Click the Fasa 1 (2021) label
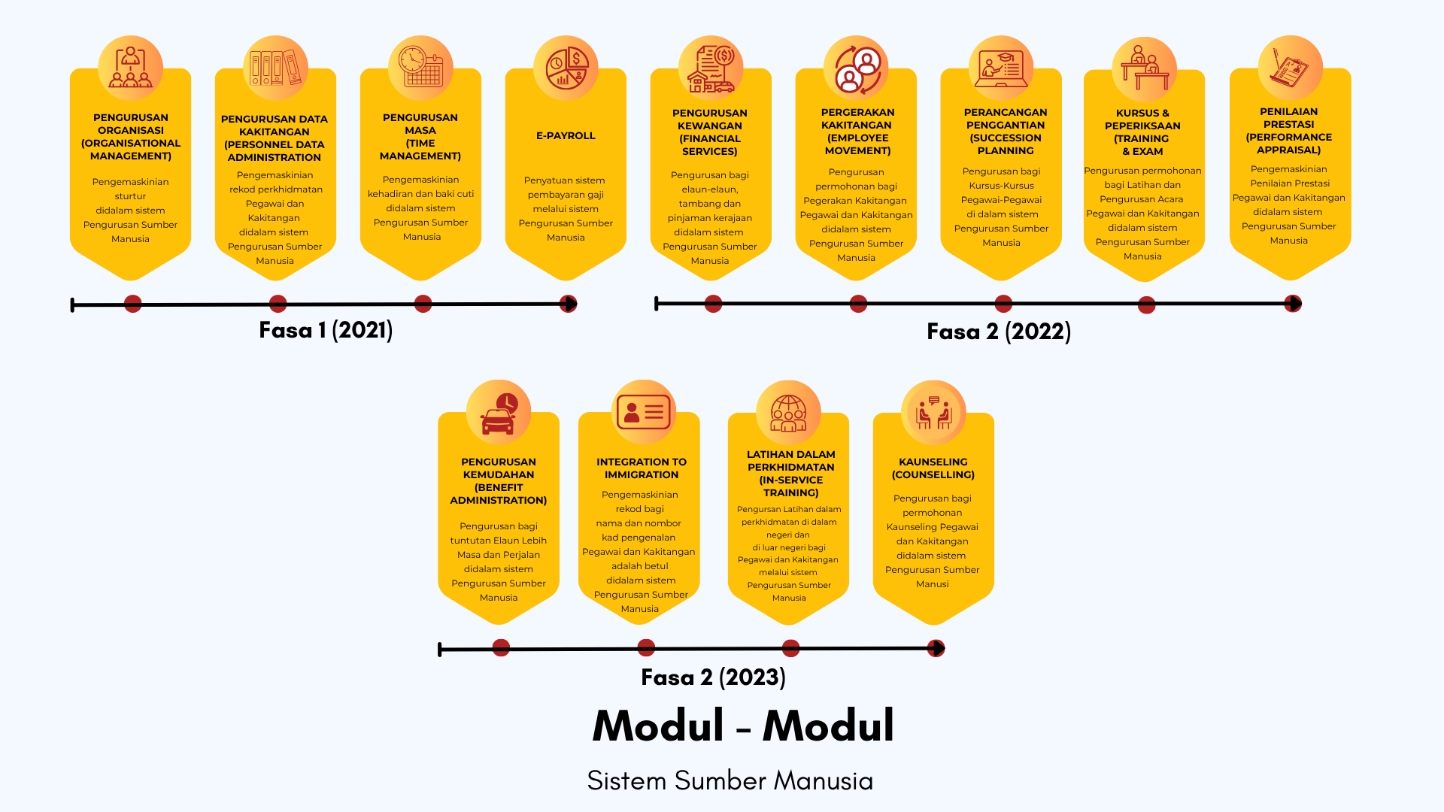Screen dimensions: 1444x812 [x=326, y=330]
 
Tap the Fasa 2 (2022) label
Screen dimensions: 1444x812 [x=999, y=332]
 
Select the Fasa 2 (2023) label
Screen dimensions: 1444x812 [x=713, y=677]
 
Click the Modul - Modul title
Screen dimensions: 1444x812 [x=743, y=726]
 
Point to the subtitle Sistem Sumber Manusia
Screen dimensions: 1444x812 [x=730, y=780]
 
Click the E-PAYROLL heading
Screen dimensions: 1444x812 [x=566, y=135]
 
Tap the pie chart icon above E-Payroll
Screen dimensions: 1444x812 [x=566, y=68]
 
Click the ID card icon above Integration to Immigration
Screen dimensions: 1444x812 [x=643, y=412]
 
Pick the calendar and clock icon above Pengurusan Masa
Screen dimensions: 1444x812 [x=420, y=67]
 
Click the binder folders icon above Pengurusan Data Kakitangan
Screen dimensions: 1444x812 [x=275, y=68]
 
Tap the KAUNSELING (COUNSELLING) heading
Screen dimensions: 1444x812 [x=933, y=468]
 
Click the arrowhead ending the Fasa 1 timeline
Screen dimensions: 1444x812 [x=569, y=304]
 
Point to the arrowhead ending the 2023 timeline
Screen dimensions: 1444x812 [x=937, y=648]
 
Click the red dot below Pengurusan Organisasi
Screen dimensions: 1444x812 [x=133, y=304]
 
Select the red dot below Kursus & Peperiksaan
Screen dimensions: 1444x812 [x=1147, y=305]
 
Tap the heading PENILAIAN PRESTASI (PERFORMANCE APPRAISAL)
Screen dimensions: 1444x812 [x=1289, y=131]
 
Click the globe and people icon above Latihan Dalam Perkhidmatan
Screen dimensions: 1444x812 [x=788, y=413]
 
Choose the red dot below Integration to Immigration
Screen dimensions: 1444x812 [x=646, y=647]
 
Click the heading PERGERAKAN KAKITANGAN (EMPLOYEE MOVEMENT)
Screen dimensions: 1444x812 [x=857, y=132]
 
